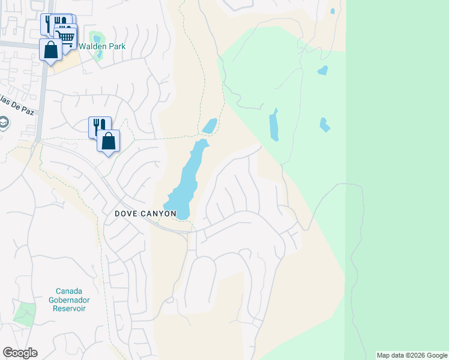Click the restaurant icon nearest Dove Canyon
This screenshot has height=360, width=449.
pos(99,126)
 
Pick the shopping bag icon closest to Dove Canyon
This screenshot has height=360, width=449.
pos(109,142)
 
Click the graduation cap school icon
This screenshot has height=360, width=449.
pos(4,124)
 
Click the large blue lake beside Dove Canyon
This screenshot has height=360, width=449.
pos(187,180)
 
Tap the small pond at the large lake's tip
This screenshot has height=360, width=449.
pos(209,126)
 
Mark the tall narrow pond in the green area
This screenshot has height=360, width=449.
pos(274,125)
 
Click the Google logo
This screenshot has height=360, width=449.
pos(20,353)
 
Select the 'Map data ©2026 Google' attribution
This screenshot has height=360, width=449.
pos(412,355)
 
